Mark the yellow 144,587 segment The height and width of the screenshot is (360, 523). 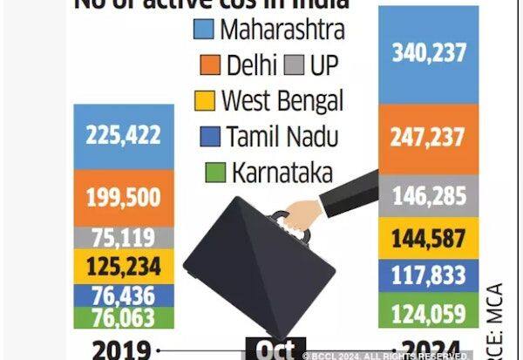point(428,237)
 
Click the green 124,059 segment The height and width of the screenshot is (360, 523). point(428,309)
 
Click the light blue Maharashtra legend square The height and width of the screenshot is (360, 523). point(202,30)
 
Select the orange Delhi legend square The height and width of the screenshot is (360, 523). point(202,65)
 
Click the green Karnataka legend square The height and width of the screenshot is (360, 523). point(210,172)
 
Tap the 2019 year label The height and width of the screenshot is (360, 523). point(119,350)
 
